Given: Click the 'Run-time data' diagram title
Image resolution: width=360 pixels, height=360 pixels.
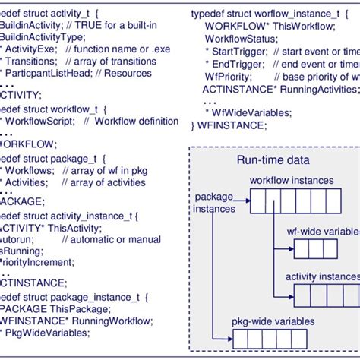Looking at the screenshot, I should (x=273, y=159).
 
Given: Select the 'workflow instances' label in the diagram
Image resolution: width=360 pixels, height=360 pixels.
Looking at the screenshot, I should (x=292, y=181).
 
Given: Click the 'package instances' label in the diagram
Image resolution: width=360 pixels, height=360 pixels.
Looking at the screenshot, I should (x=214, y=202).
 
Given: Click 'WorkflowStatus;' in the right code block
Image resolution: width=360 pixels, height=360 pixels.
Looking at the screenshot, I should (x=240, y=37).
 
